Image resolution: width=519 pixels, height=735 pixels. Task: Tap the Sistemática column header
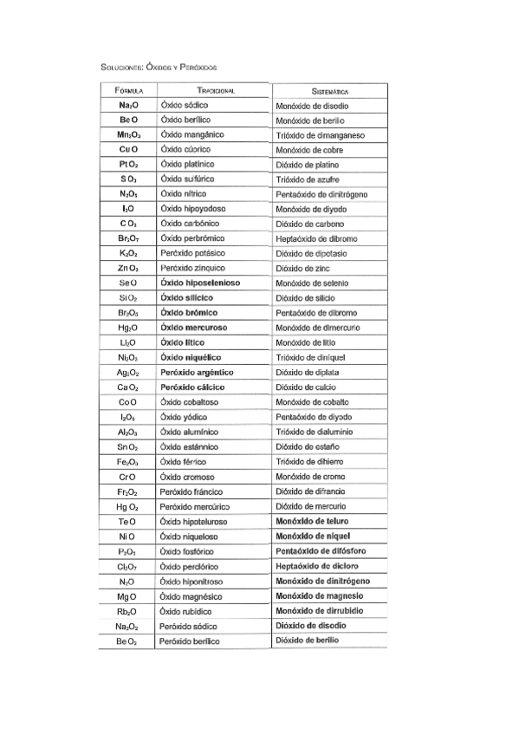pos(330,91)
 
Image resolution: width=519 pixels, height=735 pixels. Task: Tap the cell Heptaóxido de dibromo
pos(316,238)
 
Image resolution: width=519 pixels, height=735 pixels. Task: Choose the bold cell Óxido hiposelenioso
pos(201,283)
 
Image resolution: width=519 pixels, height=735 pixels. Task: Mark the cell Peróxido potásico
pos(192,253)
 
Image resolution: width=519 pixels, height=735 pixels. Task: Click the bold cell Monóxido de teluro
pos(314,521)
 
